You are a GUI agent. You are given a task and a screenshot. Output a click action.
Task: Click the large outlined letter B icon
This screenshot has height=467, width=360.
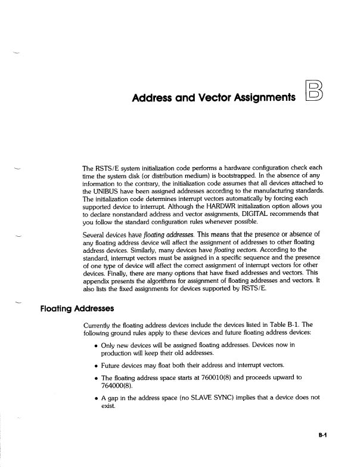(314, 95)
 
